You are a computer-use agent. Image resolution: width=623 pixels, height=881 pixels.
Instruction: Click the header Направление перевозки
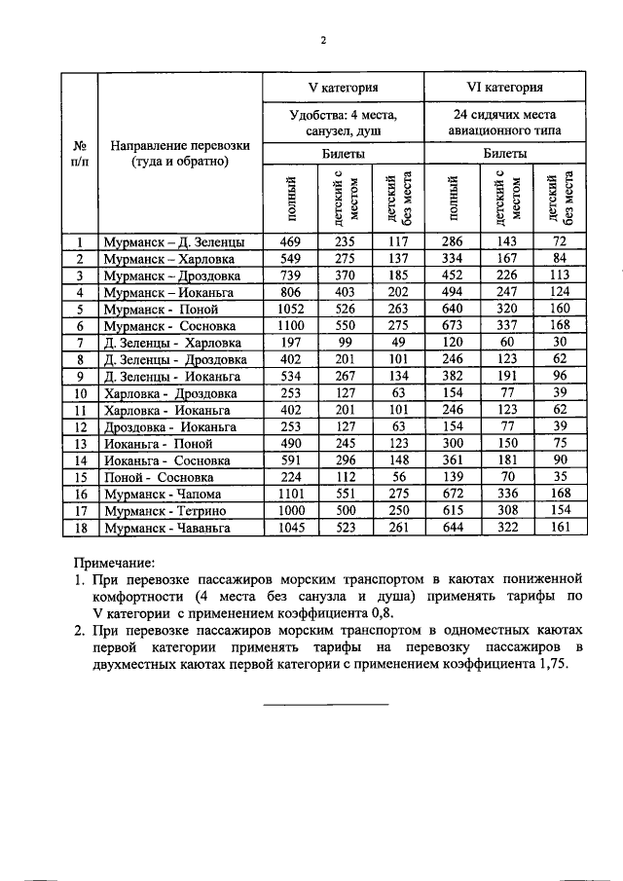pyautogui.click(x=180, y=153)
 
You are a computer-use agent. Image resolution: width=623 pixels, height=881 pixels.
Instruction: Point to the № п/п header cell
pyautogui.click(x=79, y=153)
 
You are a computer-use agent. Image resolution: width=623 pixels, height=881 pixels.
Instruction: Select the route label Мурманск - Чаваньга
pyautogui.click(x=166, y=527)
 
